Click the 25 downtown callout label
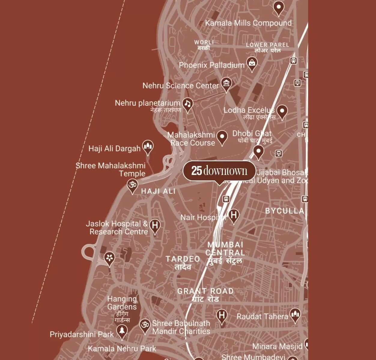point(219,171)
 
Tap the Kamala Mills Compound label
point(248,23)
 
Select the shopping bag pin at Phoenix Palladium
point(252,63)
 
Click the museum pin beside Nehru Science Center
point(226,84)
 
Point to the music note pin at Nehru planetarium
point(188,104)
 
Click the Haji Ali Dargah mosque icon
point(147,147)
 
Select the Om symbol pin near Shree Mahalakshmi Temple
point(132,185)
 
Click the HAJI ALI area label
point(158,191)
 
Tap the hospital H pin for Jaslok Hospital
point(155,225)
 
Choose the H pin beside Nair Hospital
point(234,215)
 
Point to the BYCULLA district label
point(284,211)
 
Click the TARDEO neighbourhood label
point(183,259)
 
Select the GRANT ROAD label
point(205,291)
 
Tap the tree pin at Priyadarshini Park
point(122,331)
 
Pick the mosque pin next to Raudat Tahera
point(295,315)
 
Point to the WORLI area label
point(204,42)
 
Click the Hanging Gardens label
point(122,303)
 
